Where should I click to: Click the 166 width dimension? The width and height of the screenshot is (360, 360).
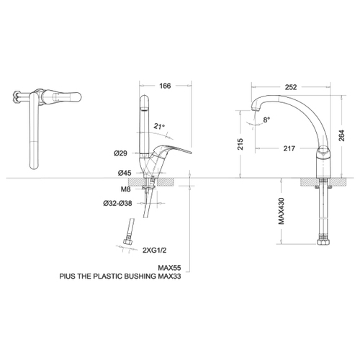(x=165, y=86)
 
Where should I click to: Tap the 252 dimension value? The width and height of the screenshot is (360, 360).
(x=291, y=87)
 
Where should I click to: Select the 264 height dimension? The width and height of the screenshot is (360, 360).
(x=341, y=135)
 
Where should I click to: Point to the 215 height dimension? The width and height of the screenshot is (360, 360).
(x=240, y=144)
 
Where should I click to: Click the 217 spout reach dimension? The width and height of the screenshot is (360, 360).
(x=289, y=148)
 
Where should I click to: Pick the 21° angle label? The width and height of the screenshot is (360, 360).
(x=158, y=126)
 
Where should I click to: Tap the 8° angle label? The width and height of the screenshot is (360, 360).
(x=266, y=120)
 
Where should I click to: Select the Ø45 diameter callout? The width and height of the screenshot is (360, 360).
(x=125, y=173)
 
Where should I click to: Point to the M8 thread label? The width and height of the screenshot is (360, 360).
(x=125, y=189)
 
